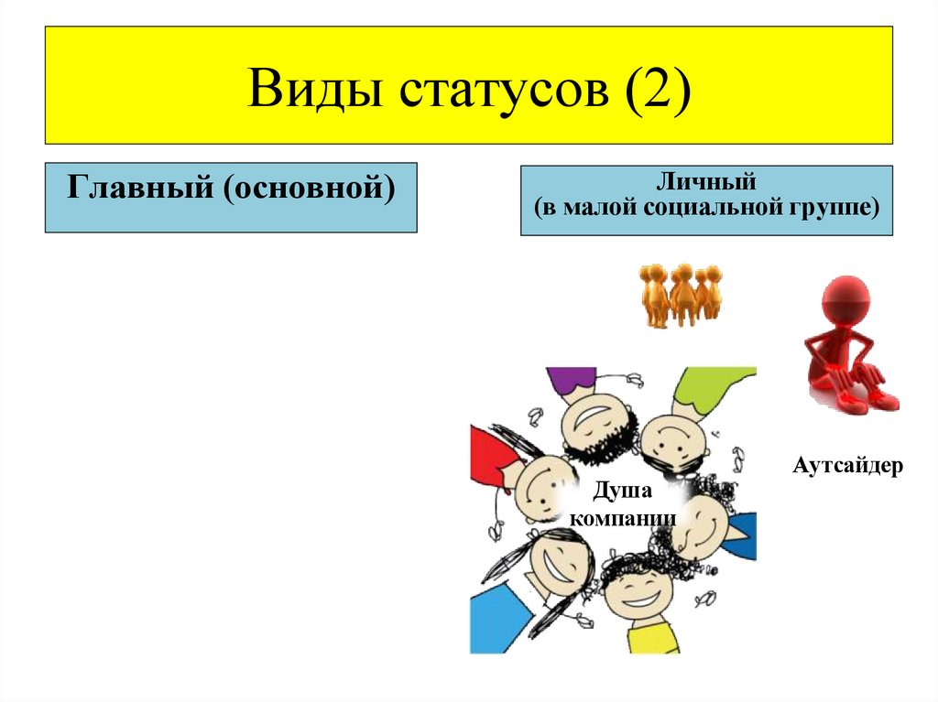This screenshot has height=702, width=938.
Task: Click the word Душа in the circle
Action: pyautogui.click(x=622, y=492)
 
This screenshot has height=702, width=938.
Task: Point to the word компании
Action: pyautogui.click(x=623, y=518)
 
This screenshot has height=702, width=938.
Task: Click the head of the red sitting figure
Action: pyautogui.click(x=845, y=298)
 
